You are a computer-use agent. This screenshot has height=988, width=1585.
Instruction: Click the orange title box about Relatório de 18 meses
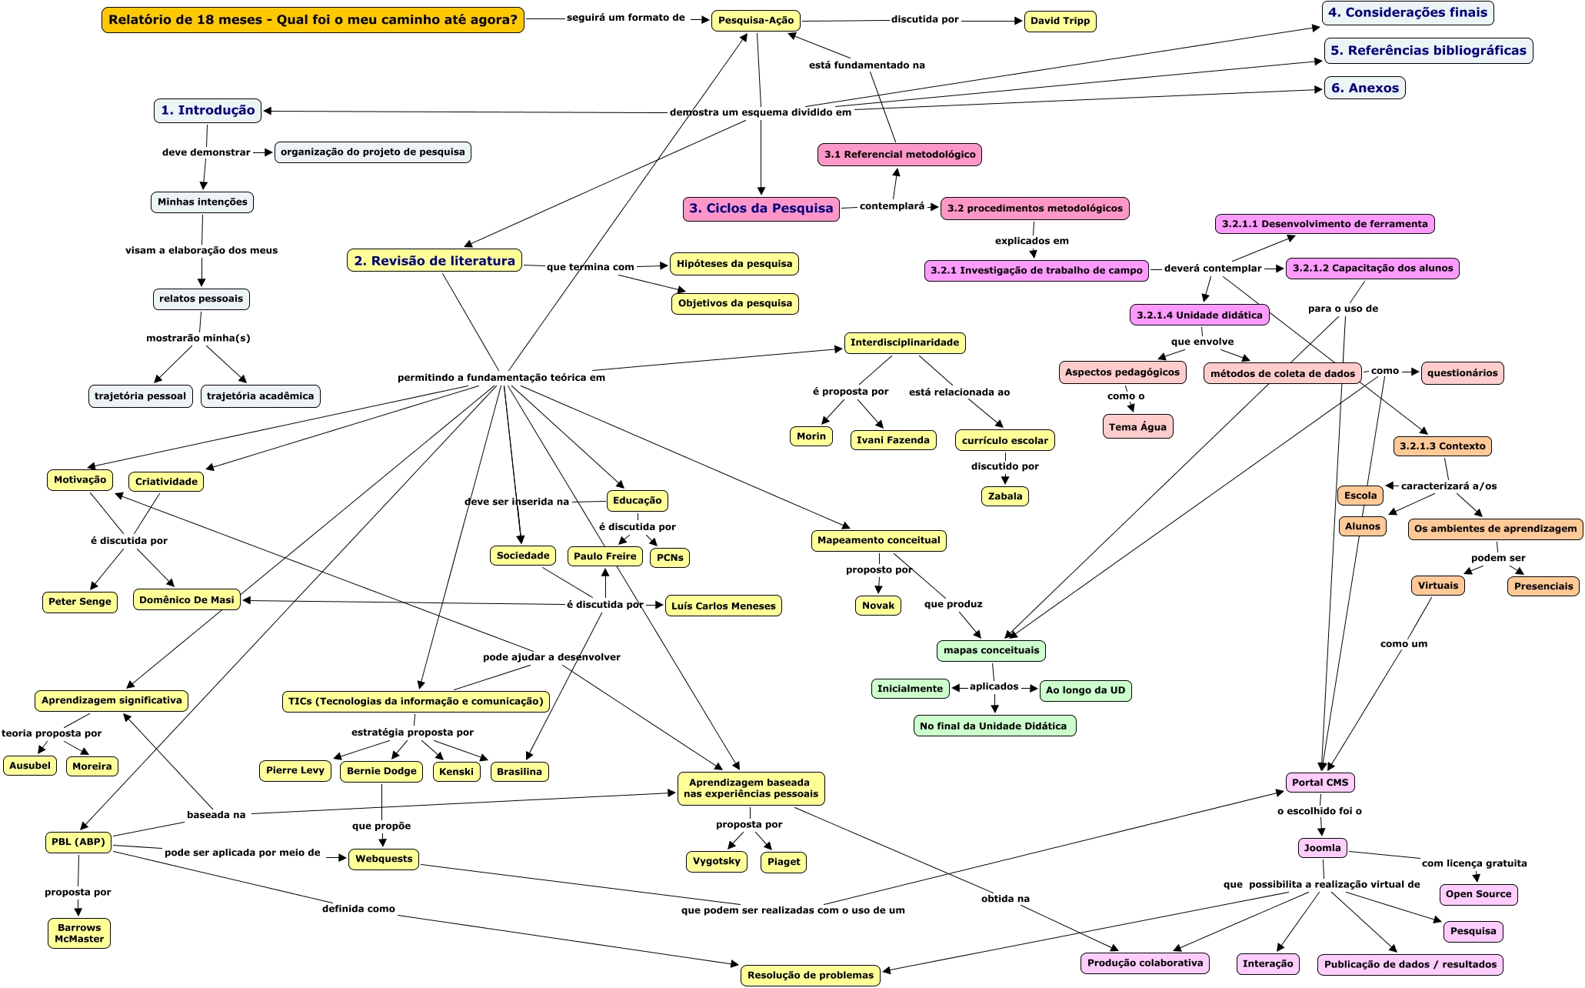click(x=312, y=20)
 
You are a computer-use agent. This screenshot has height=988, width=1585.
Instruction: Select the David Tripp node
click(x=1060, y=21)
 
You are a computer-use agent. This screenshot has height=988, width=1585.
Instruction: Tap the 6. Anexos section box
click(x=1364, y=88)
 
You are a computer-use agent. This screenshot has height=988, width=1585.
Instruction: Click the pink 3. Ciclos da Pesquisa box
click(x=761, y=209)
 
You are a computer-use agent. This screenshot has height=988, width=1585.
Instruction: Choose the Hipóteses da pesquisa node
click(x=734, y=264)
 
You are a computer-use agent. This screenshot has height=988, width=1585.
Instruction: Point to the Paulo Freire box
click(x=604, y=556)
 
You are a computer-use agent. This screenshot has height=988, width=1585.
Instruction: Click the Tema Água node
click(x=1137, y=427)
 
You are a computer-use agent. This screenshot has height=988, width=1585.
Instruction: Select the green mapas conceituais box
click(x=991, y=650)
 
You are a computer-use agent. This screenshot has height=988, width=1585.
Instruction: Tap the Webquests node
click(x=383, y=859)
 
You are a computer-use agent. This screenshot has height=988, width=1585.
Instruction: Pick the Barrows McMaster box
click(x=78, y=933)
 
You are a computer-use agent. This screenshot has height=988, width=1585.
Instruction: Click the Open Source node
click(x=1478, y=894)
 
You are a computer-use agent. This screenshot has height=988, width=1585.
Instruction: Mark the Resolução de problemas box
click(x=810, y=975)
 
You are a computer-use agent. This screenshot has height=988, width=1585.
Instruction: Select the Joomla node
click(x=1322, y=848)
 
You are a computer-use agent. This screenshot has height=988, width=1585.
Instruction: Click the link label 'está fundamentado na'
click(x=867, y=65)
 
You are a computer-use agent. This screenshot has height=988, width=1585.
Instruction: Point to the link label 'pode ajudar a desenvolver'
click(x=551, y=657)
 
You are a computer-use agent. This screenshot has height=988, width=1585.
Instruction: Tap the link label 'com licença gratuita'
click(x=1473, y=863)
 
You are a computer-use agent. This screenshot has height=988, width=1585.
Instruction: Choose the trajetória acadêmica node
click(x=260, y=396)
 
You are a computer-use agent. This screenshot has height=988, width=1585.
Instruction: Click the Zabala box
click(x=1004, y=496)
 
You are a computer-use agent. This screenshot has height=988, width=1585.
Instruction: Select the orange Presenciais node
click(x=1543, y=586)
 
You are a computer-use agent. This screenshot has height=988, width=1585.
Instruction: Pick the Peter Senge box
click(x=80, y=602)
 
